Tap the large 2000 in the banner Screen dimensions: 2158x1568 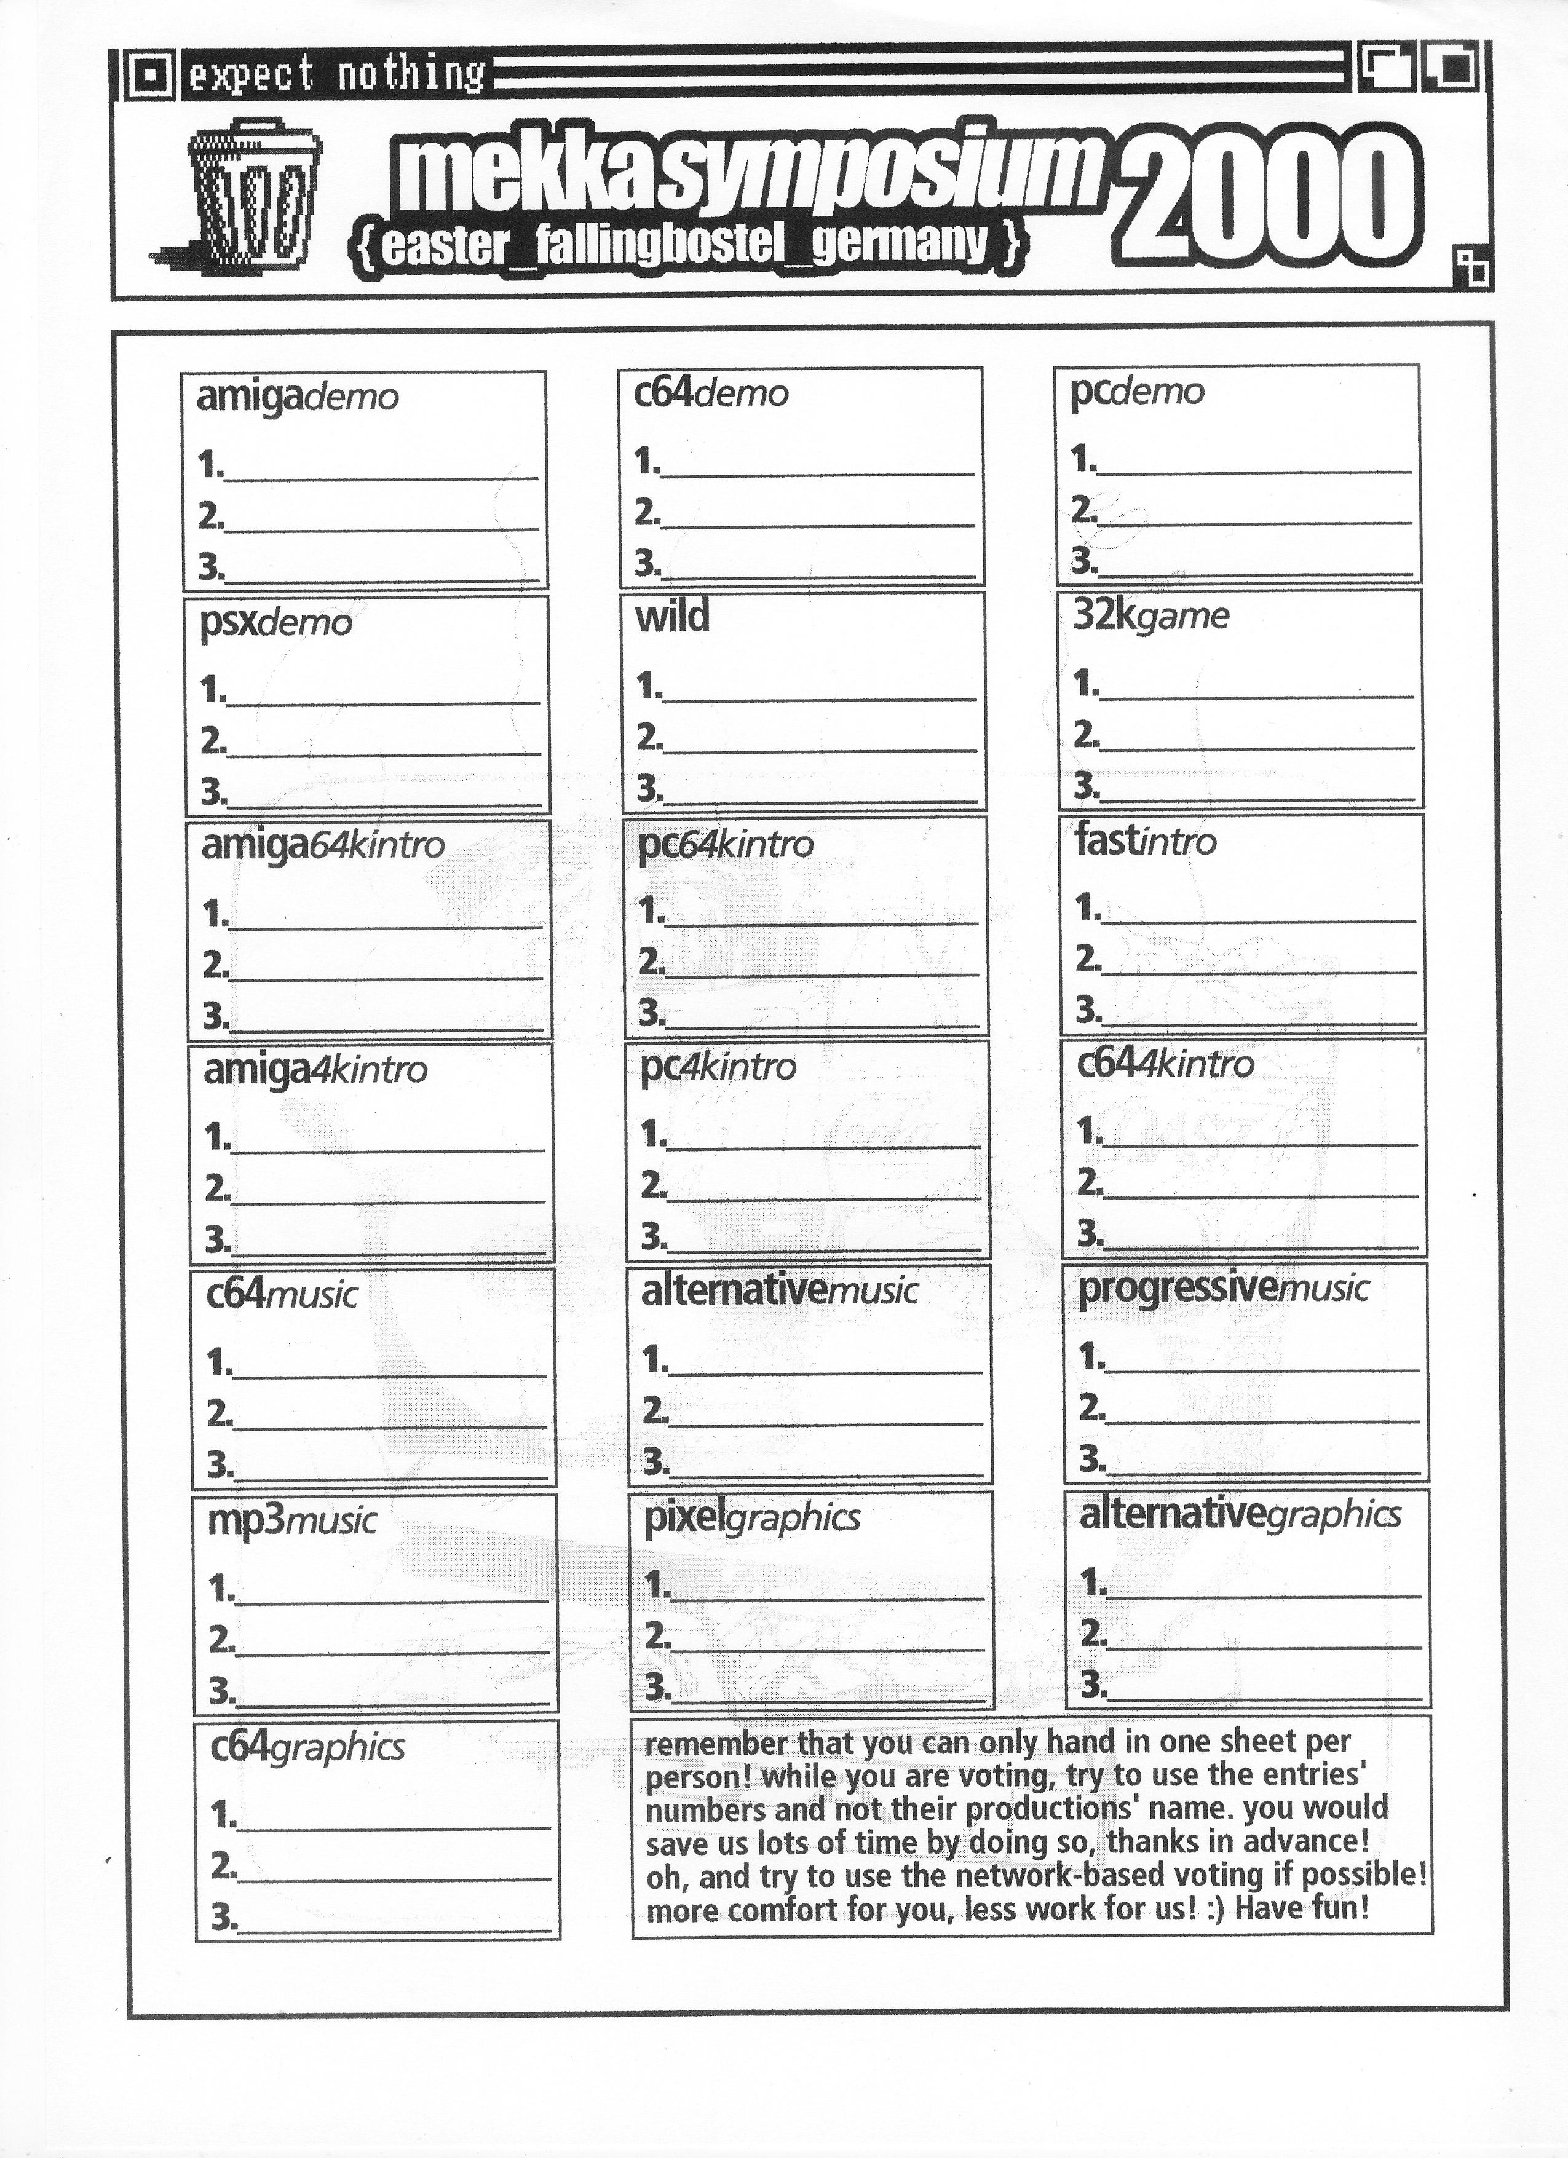tap(1271, 198)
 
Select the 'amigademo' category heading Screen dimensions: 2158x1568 tap(297, 397)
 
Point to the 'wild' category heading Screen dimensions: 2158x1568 tap(671, 617)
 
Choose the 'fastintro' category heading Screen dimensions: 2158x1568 tap(1146, 841)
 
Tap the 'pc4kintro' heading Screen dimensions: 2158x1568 tap(718, 1067)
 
